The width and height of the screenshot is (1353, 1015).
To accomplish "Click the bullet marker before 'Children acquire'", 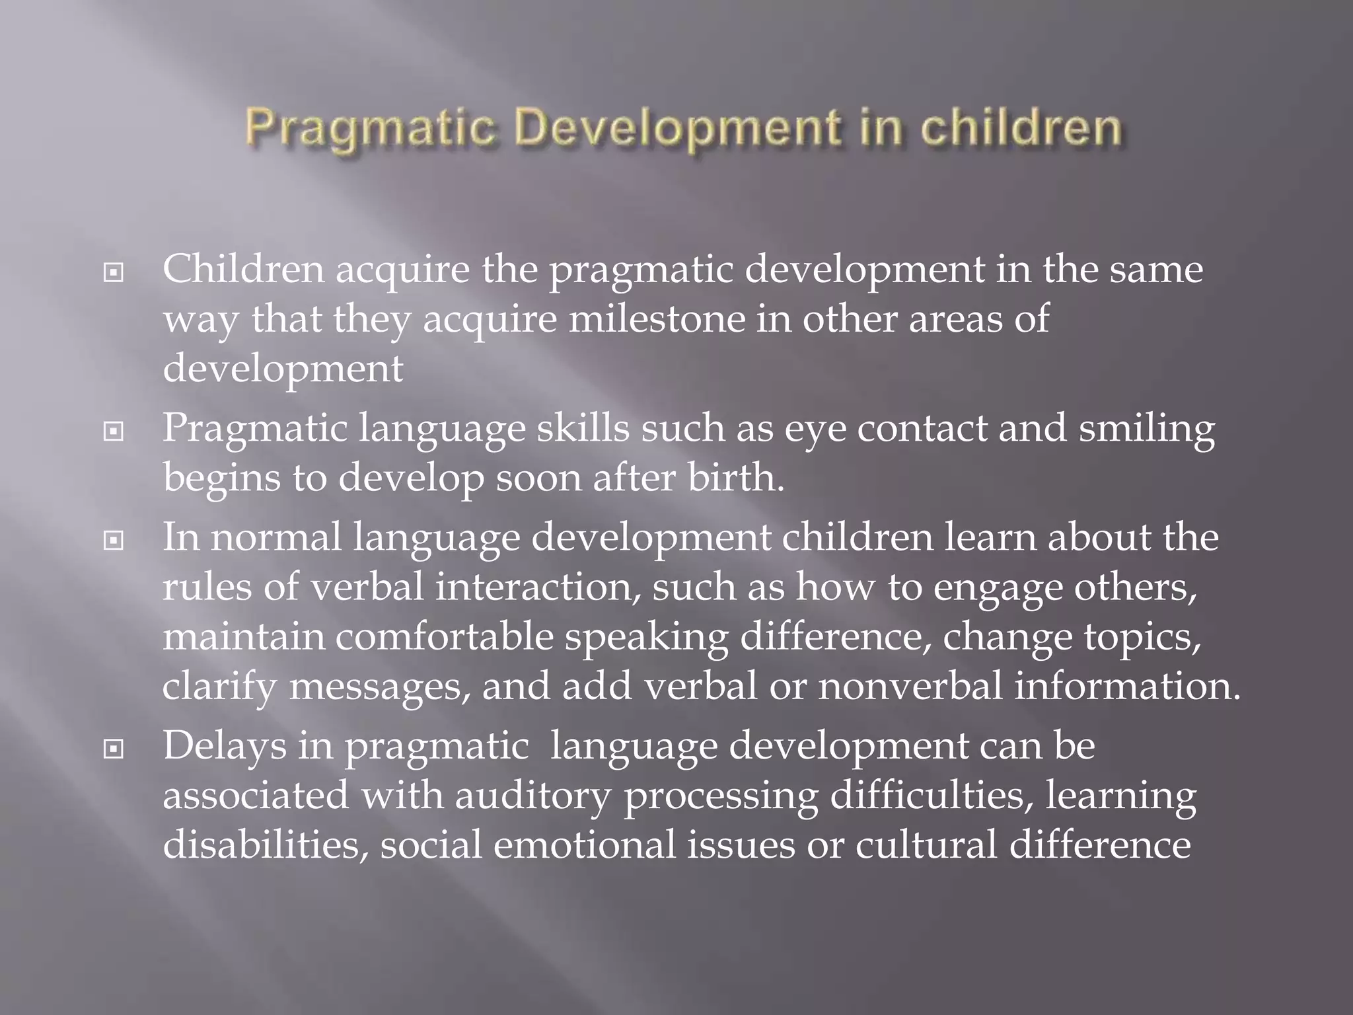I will pyautogui.click(x=114, y=272).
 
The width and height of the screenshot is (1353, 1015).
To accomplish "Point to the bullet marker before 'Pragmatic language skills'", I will pyautogui.click(x=114, y=432).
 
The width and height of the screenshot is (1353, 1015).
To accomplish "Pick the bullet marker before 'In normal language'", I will pyautogui.click(x=114, y=541).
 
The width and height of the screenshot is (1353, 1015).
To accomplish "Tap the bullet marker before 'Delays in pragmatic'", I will pyautogui.click(x=114, y=749).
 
